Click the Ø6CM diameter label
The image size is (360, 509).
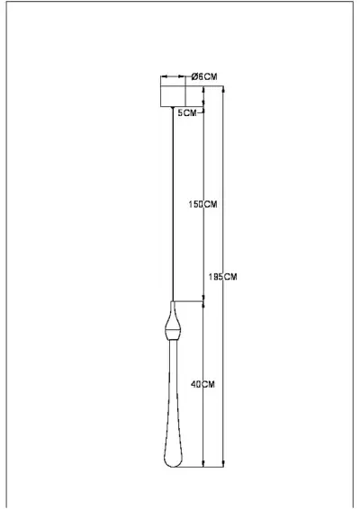coord(205,76)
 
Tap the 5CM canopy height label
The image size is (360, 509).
coord(186,113)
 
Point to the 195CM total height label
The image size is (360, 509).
coord(224,276)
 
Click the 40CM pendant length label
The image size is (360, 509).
coord(203,384)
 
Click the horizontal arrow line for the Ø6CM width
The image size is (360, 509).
coord(174,76)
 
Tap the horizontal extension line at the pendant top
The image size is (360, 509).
coord(189,300)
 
